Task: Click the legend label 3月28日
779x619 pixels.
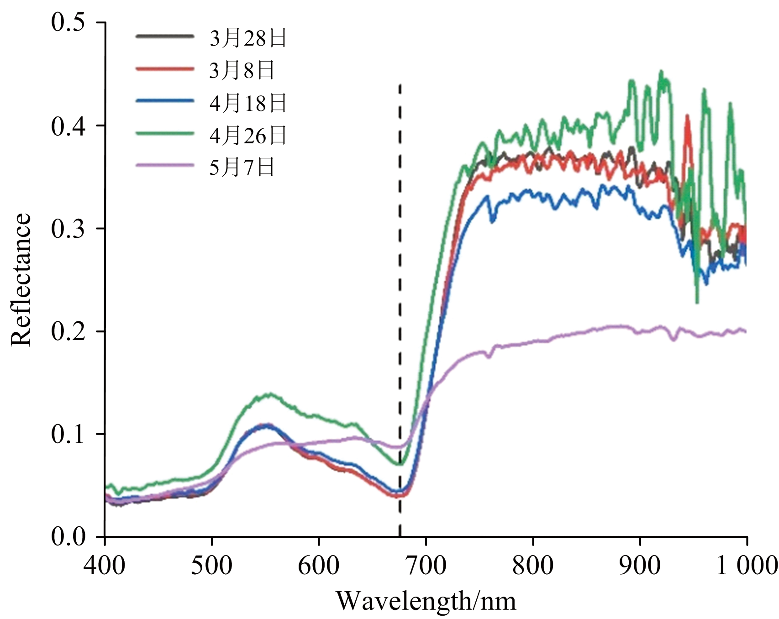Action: pos(248,38)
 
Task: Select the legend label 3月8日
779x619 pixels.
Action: pos(242,71)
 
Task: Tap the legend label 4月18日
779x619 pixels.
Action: pos(248,103)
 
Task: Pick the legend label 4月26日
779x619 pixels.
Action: pos(248,136)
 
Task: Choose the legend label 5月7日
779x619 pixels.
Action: pos(242,168)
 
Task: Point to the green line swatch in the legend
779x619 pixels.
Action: pos(165,133)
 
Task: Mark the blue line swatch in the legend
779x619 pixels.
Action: pos(165,100)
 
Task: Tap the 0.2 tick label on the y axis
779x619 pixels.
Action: pos(68,331)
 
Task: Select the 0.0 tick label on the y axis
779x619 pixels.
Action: pos(68,537)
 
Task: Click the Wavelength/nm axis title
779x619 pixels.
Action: pos(426,601)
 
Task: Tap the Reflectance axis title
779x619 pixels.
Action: pos(21,279)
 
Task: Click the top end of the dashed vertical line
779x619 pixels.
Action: pos(400,85)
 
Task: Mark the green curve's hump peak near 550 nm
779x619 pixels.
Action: pos(269,394)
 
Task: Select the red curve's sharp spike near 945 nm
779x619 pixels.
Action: pos(687,116)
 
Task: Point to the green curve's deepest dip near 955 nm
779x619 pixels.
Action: pos(697,302)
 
